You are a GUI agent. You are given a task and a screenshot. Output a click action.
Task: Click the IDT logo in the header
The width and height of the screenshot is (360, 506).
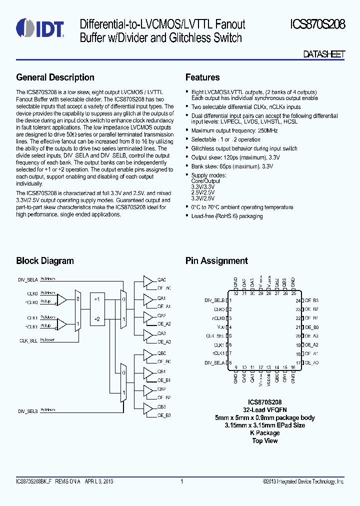click(x=40, y=29)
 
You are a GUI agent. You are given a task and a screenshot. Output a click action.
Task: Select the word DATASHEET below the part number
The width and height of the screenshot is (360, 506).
click(x=324, y=54)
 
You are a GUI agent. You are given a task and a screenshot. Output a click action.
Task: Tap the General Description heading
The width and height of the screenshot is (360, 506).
click(x=55, y=77)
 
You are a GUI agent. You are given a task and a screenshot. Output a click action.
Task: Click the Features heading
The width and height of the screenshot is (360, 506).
click(x=202, y=77)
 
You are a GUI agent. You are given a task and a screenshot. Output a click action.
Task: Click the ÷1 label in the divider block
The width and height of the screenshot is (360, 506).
click(x=97, y=299)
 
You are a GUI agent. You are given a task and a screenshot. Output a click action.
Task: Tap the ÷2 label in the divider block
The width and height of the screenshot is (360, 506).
click(x=97, y=318)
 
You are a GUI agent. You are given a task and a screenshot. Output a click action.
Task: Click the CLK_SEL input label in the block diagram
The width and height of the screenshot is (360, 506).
click(x=28, y=340)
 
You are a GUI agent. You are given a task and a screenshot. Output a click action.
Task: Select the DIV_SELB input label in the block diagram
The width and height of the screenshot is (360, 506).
click(x=28, y=411)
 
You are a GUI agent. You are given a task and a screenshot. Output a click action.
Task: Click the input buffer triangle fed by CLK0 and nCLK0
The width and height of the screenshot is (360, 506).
click(x=62, y=299)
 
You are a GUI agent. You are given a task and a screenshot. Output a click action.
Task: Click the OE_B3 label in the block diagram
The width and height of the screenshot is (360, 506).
click(x=164, y=415)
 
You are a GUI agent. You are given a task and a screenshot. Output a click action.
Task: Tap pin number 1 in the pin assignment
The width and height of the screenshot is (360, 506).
click(x=229, y=300)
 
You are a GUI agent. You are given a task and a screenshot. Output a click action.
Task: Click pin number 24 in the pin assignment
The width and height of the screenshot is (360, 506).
click(x=298, y=300)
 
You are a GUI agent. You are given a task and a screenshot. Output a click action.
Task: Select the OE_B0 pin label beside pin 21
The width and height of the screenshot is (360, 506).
click(x=312, y=327)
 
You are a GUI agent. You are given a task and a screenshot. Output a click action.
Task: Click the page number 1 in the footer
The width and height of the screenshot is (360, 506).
click(x=182, y=481)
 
